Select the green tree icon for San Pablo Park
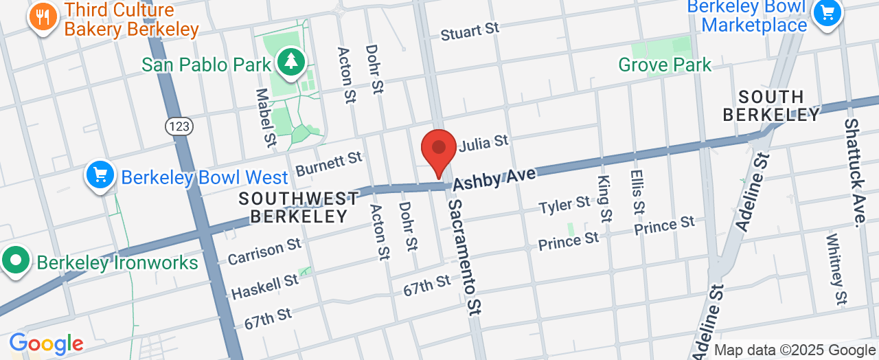(292, 62)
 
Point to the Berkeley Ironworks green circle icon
(15, 262)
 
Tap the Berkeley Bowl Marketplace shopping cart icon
(827, 12)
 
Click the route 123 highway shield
(179, 126)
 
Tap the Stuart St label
(470, 30)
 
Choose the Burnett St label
(328, 164)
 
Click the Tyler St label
(564, 205)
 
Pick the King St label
(604, 199)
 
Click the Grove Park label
(665, 65)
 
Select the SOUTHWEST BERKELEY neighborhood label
(299, 207)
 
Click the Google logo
(46, 344)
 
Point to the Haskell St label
(264, 286)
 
